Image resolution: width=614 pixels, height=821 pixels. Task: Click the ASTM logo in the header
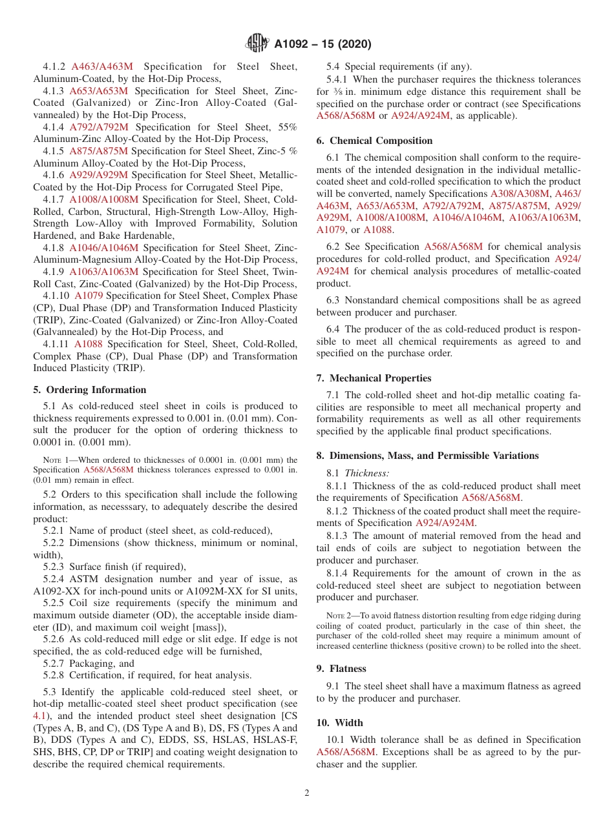(x=258, y=44)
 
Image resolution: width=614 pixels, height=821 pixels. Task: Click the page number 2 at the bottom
(x=307, y=793)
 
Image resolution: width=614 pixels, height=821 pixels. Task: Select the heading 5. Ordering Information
(x=90, y=390)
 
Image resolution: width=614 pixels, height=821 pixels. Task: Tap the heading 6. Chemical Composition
(x=374, y=141)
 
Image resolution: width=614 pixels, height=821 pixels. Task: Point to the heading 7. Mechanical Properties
(x=374, y=378)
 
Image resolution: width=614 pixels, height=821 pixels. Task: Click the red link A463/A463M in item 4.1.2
(x=102, y=66)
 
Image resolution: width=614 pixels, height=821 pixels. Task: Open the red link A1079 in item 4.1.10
(x=88, y=296)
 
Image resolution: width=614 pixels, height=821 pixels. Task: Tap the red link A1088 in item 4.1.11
(x=89, y=344)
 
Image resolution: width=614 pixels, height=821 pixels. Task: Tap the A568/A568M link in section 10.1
(x=346, y=752)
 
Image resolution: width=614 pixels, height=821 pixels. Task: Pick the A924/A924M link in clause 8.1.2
(x=445, y=523)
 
